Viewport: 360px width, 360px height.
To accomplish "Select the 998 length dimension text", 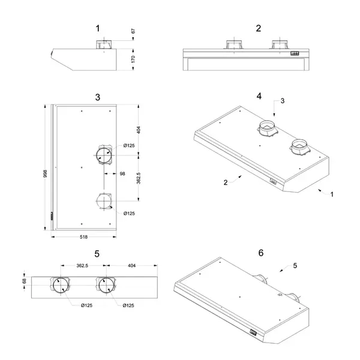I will [x=44, y=173].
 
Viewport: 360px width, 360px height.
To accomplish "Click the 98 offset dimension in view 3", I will [x=122, y=173].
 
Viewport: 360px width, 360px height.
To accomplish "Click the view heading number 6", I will [x=260, y=253].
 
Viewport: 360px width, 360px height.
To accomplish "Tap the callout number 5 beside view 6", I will [x=295, y=265].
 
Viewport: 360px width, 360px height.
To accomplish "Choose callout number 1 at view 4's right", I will [x=332, y=194].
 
